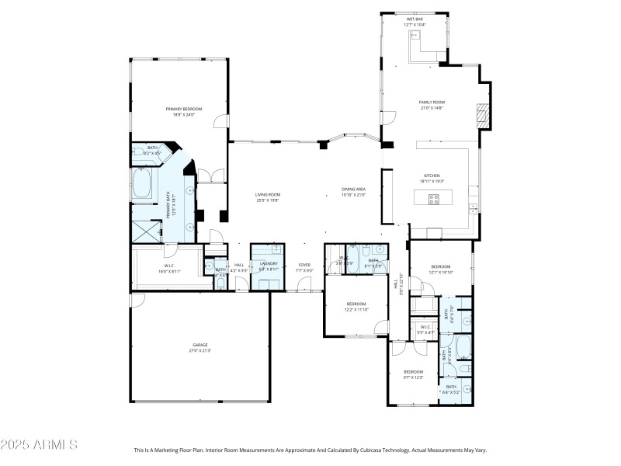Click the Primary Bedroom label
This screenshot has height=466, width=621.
click(x=183, y=109)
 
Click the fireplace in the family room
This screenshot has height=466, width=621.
click(x=483, y=115)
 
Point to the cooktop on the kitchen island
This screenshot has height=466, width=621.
click(x=434, y=200)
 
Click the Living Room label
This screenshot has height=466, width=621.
click(x=268, y=194)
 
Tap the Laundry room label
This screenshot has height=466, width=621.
click(x=269, y=264)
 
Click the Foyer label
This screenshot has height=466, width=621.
click(x=304, y=264)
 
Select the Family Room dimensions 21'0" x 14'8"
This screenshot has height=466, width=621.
click(x=432, y=108)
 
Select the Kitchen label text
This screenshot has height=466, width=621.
click(x=432, y=176)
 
